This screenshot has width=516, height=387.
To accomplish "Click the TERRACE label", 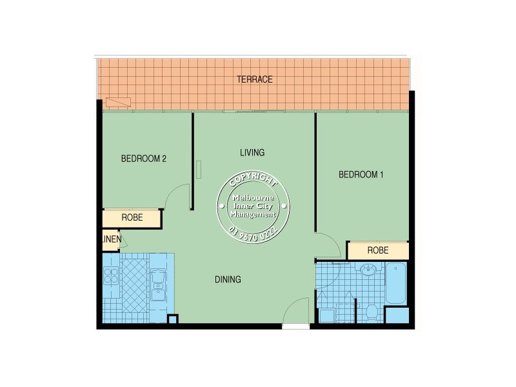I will coord(254,79).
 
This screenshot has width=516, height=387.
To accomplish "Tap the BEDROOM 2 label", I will coord(144,158).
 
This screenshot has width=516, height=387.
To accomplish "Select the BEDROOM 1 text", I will coord(361,174).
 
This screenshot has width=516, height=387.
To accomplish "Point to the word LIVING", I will coord(252,153).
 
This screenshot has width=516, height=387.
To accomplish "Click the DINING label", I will coord(228,279).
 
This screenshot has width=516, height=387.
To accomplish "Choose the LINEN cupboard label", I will coord(111,241).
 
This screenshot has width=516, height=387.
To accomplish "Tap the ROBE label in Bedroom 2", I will coord(132,218).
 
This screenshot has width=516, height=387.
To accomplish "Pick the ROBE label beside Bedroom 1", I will coord(377,250).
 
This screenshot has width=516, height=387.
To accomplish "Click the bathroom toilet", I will coord(372,312).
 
